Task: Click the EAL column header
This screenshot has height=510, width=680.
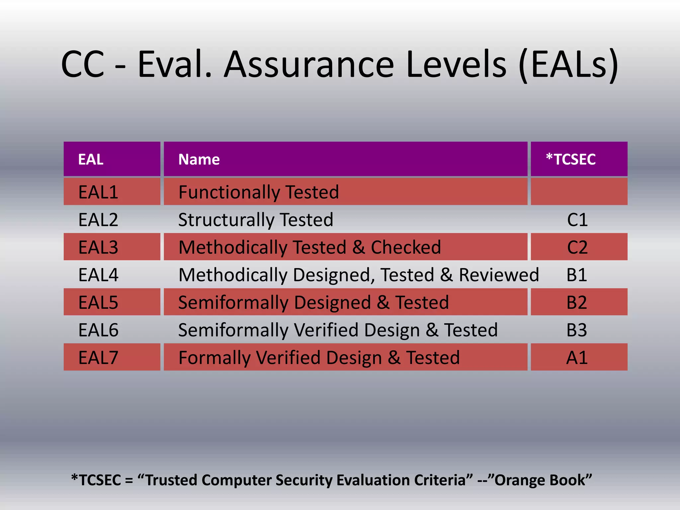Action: pos(91,159)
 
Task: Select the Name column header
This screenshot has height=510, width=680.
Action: pos(199,159)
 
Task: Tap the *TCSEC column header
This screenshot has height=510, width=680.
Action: pos(571,159)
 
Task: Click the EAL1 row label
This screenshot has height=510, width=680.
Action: pos(98,192)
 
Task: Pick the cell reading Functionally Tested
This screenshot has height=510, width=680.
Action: pos(258,192)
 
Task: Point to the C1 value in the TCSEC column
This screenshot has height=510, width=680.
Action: pos(577,220)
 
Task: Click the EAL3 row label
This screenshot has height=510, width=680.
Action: pos(98,247)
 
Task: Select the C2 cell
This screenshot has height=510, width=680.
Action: pos(577,247)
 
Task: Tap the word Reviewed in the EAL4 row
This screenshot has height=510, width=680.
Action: pos(499,275)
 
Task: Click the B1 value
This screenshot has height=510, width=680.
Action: pos(577,275)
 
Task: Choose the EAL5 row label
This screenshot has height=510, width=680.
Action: pos(98,302)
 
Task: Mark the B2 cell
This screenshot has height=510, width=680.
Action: pos(577,302)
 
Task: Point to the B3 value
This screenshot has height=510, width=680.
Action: pos(577,330)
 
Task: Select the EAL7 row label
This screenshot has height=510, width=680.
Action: pos(98,358)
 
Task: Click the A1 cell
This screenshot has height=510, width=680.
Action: pos(577,358)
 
